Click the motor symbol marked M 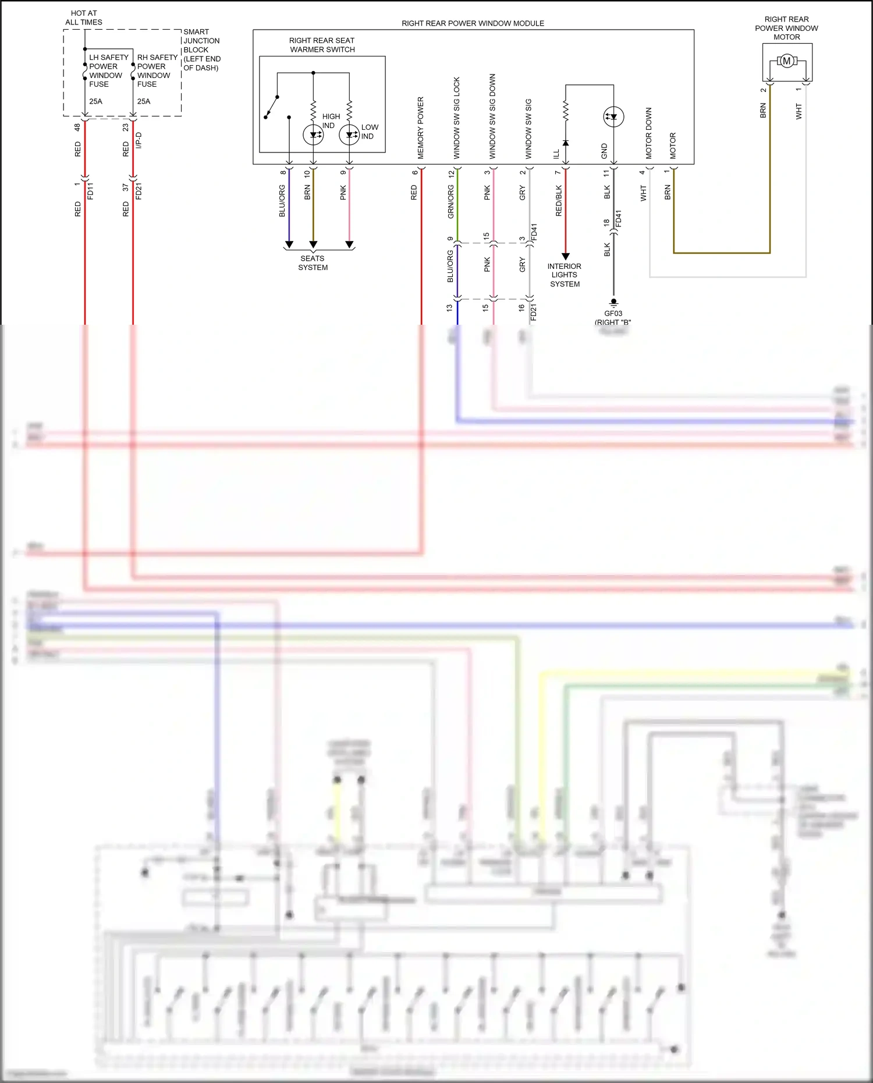(786, 61)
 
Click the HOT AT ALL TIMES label (84, 17)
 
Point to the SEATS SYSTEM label (313, 263)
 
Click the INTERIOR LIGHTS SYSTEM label (564, 275)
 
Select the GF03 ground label (613, 314)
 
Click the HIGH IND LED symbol (313, 135)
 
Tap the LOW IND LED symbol (349, 135)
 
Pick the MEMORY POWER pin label (421, 128)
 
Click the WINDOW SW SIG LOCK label (457, 118)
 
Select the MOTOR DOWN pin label (649, 133)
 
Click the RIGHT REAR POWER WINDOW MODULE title (473, 23)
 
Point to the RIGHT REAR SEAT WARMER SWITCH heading (322, 45)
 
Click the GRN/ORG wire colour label (450, 202)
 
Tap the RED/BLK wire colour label (559, 201)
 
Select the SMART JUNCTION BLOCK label (201, 49)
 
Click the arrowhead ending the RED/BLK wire (565, 256)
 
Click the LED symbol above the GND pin (613, 117)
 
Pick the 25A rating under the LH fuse (95, 101)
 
